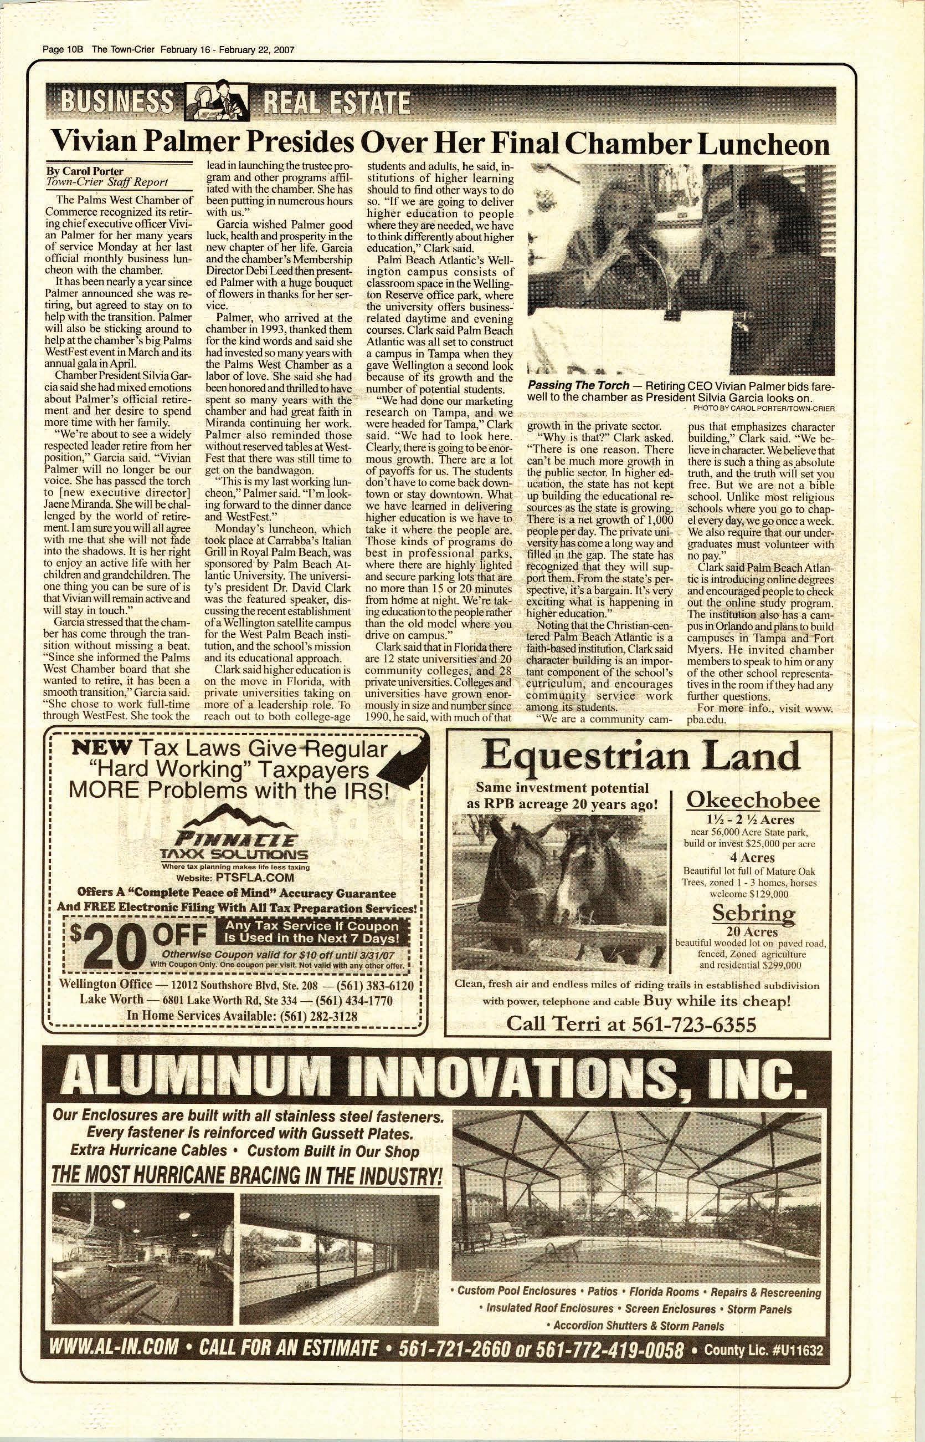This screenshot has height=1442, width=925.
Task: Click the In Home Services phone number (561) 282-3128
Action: pos(315,1016)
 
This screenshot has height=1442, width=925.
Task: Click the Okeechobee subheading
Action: pos(753,801)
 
